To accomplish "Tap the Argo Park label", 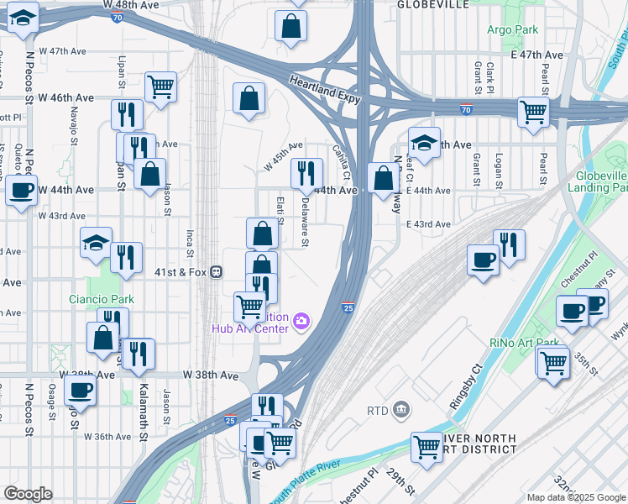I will pyautogui.click(x=511, y=29).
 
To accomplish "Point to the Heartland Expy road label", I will pyautogui.click(x=326, y=89).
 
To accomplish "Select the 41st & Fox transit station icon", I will pyautogui.click(x=217, y=271).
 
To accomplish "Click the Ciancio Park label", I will pyautogui.click(x=102, y=299).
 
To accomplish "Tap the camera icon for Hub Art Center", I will pyautogui.click(x=301, y=320).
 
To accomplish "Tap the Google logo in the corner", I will pyautogui.click(x=28, y=494).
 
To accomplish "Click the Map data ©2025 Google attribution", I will pyautogui.click(x=576, y=497).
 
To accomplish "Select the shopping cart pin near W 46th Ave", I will pyautogui.click(x=160, y=86).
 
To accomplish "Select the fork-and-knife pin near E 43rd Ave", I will pyautogui.click(x=509, y=244).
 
